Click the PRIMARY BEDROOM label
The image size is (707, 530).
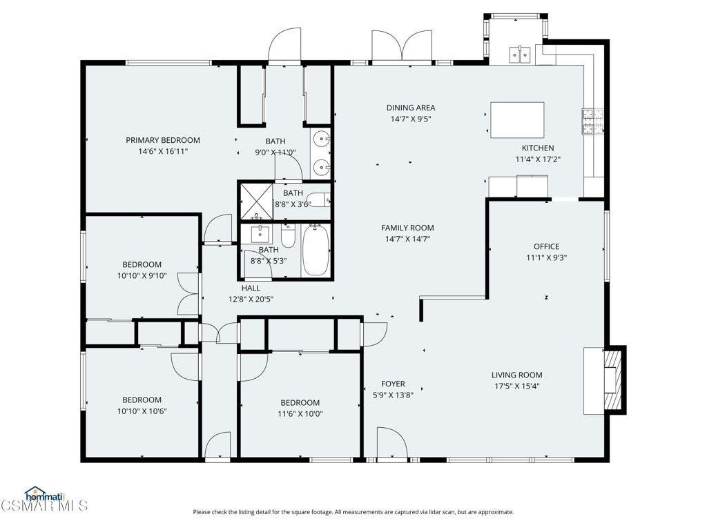[163, 140]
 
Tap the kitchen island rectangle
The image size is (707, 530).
[517, 120]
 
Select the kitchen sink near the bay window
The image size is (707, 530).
[521, 55]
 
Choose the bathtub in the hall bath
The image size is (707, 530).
[316, 250]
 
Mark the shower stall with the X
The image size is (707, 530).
[256, 201]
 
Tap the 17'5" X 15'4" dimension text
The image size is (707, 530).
[516, 386]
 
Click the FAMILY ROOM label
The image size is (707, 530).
[407, 228]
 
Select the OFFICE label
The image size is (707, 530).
[547, 246]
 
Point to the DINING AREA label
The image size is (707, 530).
[411, 108]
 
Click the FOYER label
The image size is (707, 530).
[393, 384]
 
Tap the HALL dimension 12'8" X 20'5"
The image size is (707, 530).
[251, 299]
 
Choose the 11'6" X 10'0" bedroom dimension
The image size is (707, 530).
[300, 414]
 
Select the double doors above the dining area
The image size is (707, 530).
[403, 46]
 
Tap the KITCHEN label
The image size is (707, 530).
[538, 148]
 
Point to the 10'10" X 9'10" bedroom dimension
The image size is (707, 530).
[142, 276]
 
